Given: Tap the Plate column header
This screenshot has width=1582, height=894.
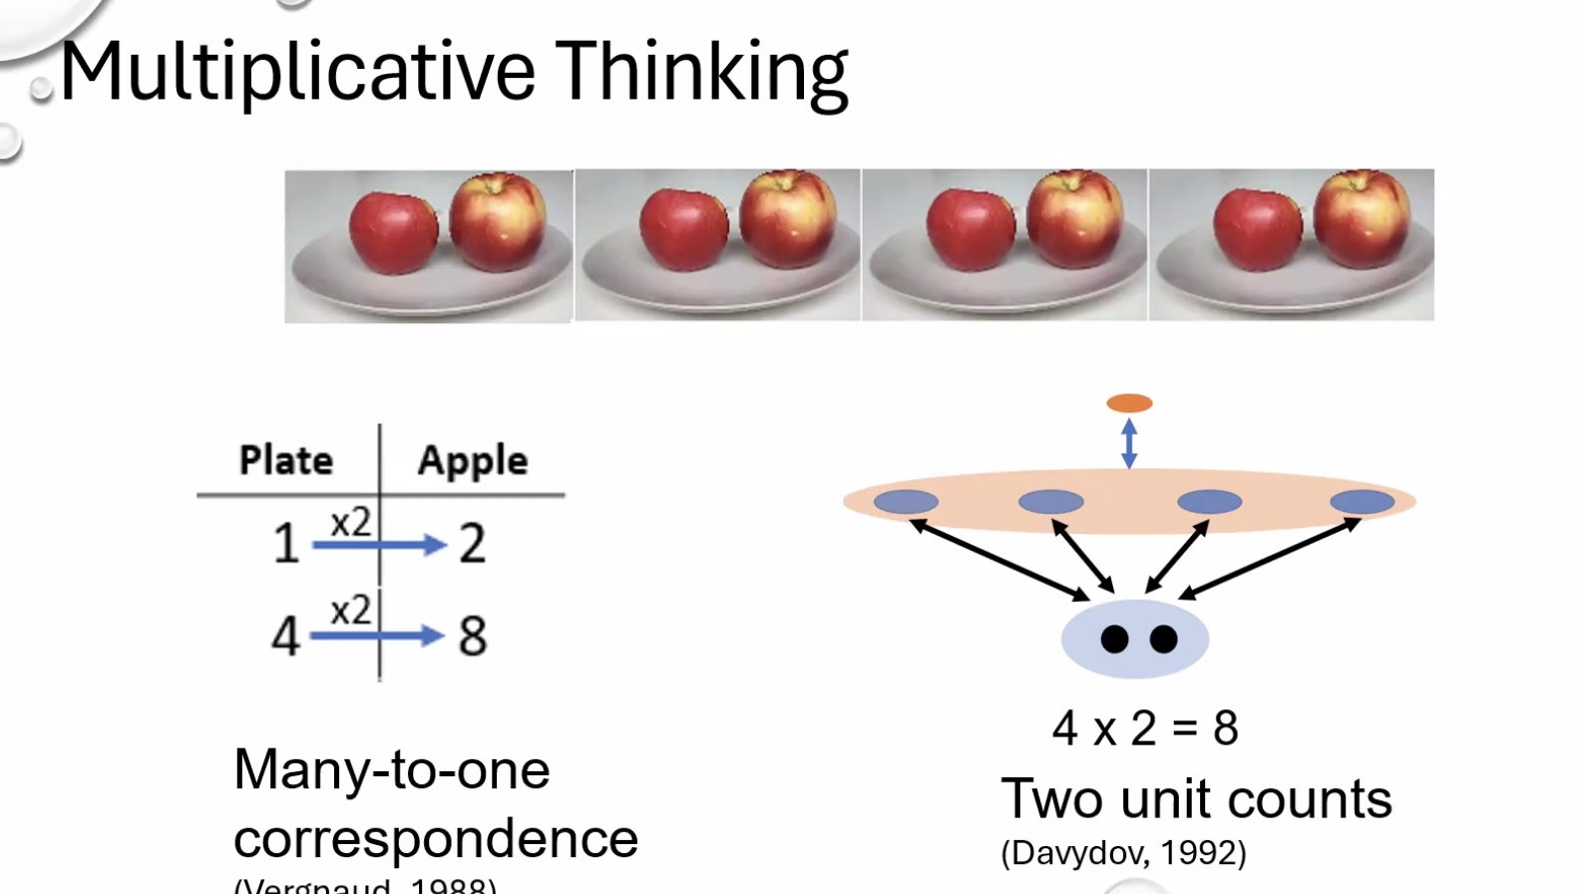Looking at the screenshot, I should [x=286, y=461].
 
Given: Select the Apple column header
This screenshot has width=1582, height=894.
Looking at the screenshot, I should [x=472, y=461].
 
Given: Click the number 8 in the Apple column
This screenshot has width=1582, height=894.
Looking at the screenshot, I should [x=473, y=636].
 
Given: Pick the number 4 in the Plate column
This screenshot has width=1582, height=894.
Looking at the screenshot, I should [x=285, y=636].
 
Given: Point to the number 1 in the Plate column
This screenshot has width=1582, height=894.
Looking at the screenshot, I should [x=286, y=544].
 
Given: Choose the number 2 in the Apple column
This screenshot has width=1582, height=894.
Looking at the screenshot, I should [x=473, y=544].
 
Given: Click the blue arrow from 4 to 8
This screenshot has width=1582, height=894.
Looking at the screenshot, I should [x=377, y=636].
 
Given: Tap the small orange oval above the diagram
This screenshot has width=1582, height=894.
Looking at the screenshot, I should [x=1129, y=403].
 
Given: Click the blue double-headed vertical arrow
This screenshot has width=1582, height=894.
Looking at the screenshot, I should [x=1129, y=443].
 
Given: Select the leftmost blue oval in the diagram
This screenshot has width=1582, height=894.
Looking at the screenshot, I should [x=906, y=502].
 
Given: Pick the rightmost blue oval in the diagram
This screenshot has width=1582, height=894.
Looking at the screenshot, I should [x=1363, y=502].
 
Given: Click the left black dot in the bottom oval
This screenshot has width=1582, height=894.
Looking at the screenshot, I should [x=1114, y=640].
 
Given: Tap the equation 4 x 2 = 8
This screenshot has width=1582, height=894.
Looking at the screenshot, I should [x=1145, y=728].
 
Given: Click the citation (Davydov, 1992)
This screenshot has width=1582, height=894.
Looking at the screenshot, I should [x=1123, y=853].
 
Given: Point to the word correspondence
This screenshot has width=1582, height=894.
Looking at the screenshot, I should [x=436, y=839].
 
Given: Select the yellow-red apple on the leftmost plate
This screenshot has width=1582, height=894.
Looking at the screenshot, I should [x=498, y=221].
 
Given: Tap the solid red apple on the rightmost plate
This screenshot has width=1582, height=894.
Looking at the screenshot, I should [x=1257, y=229].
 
